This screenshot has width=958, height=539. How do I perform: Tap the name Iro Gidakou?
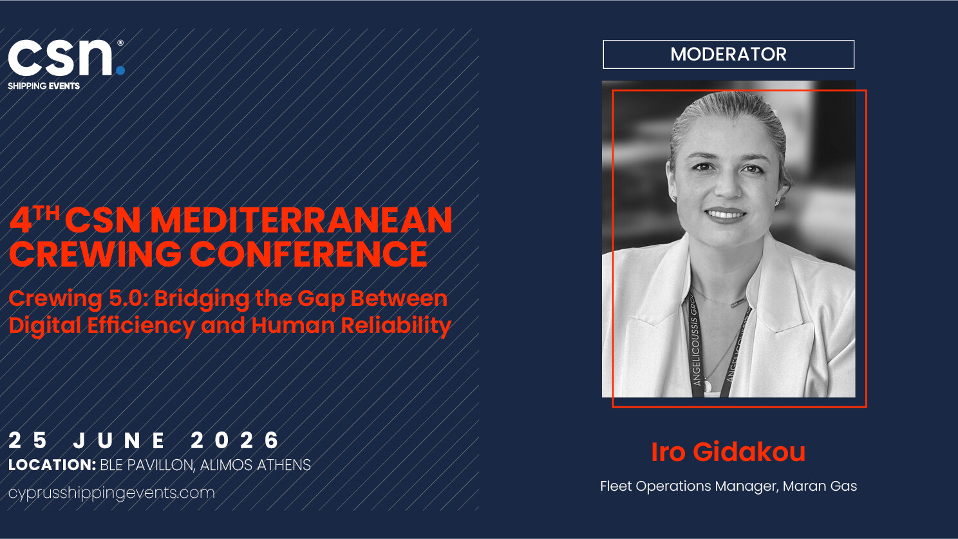click(728, 451)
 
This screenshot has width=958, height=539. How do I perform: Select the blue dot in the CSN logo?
click(120, 70)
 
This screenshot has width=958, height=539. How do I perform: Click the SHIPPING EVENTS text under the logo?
click(44, 86)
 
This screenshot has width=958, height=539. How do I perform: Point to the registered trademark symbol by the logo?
click(120, 43)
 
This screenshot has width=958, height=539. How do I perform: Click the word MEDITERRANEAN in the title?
click(301, 220)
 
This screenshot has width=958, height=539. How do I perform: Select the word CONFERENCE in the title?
click(308, 254)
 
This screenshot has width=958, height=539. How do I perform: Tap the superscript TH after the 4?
click(47, 213)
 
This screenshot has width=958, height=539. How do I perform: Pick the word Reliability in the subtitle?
click(396, 325)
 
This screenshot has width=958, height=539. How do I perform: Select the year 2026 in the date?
click(235, 440)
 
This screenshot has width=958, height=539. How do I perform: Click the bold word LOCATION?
click(52, 465)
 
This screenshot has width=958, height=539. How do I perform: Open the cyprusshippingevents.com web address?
click(111, 493)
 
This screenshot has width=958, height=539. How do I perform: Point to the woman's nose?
click(728, 187)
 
